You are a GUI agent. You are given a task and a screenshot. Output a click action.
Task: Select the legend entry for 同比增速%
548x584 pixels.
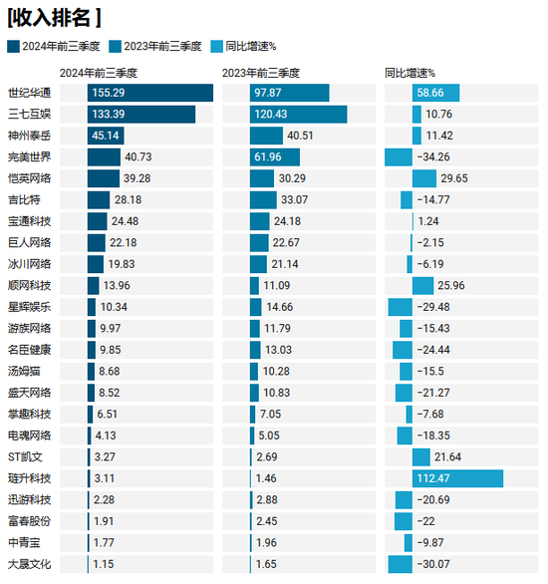(x=250, y=46)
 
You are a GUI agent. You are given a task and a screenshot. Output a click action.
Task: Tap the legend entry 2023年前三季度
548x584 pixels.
(x=160, y=46)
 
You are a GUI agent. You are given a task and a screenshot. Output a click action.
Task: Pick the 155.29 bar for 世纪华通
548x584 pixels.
(x=149, y=93)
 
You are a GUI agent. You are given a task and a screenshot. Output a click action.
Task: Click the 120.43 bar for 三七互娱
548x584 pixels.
(x=298, y=115)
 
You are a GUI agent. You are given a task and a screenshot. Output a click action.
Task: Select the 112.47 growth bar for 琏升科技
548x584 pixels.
(x=457, y=478)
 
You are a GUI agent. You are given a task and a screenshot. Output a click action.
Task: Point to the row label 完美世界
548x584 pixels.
(x=29, y=157)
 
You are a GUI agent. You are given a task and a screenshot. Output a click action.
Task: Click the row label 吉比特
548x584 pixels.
(x=24, y=199)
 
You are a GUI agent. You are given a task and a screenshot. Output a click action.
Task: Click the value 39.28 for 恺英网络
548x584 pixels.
(x=137, y=178)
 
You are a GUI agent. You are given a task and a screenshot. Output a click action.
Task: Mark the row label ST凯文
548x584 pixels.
(x=26, y=456)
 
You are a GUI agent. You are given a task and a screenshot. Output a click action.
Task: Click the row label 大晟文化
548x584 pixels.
(x=29, y=564)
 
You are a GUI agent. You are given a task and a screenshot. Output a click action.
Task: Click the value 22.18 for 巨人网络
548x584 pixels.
(x=124, y=242)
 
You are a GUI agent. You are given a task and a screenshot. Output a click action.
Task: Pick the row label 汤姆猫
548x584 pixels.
(x=24, y=371)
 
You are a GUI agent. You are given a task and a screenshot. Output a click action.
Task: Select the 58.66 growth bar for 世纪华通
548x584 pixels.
(x=436, y=93)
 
